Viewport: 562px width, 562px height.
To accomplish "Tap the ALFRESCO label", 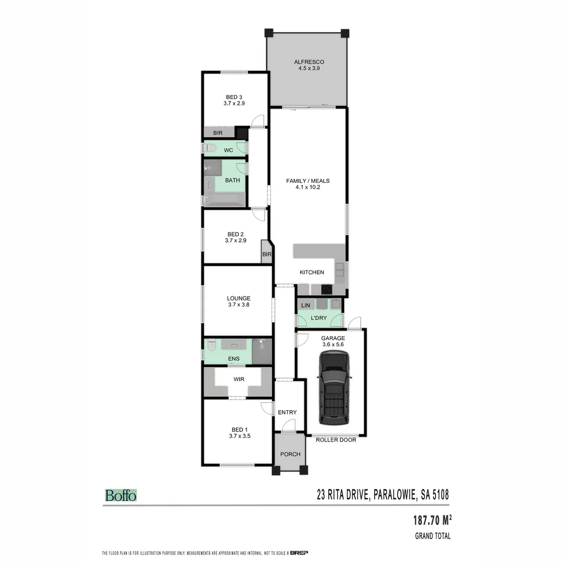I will [306, 62].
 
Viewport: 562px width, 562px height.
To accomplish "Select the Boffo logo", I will [121, 495].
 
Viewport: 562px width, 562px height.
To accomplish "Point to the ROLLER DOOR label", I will [336, 440].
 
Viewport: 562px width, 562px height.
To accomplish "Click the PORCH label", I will [290, 454].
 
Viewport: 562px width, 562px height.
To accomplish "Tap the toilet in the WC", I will [209, 149].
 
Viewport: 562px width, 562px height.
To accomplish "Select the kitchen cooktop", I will [327, 289].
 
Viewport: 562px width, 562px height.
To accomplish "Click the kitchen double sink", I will [339, 269].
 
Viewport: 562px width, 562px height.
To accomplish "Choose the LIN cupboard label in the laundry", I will [305, 305].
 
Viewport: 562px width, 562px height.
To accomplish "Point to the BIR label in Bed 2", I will [266, 254].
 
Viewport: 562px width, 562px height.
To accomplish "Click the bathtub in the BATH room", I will [224, 199].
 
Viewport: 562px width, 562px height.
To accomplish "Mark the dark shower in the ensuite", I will [262, 350].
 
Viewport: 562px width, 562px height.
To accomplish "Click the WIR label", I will [238, 379].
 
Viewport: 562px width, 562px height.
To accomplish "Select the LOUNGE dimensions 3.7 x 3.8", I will [238, 305].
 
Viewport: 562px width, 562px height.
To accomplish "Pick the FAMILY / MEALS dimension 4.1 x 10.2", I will [308, 187].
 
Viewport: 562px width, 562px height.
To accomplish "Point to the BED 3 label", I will [234, 97].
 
